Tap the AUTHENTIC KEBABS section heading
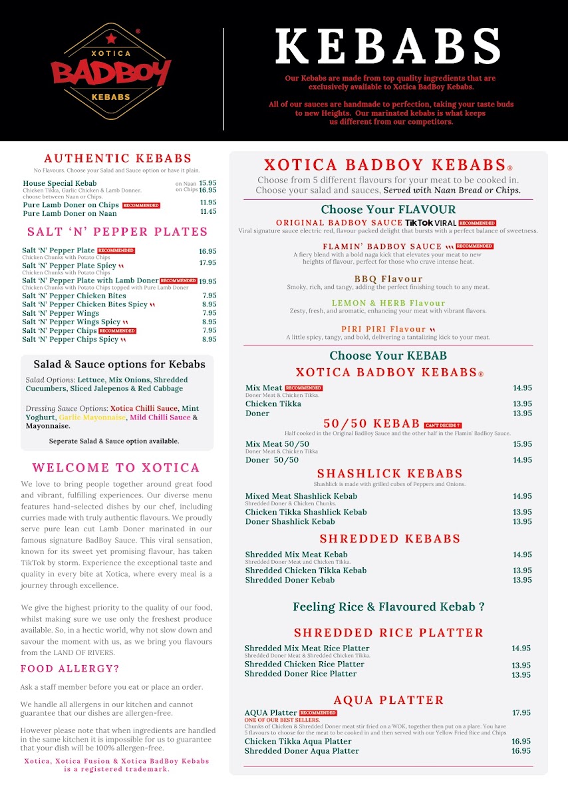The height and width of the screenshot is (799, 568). (x=118, y=158)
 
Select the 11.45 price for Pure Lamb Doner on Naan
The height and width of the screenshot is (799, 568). (x=208, y=211)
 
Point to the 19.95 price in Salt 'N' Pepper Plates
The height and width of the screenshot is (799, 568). (x=208, y=281)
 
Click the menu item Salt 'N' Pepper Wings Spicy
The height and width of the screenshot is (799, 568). (x=71, y=322)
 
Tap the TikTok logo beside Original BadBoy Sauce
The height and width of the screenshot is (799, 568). (x=419, y=222)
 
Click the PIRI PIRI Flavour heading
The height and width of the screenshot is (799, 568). (x=384, y=329)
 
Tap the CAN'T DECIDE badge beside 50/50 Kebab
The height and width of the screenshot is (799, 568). (x=443, y=425)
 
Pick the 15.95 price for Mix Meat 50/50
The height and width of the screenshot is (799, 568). (x=522, y=444)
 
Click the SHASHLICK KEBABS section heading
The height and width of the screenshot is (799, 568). (x=389, y=474)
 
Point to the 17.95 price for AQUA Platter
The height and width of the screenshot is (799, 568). (x=521, y=712)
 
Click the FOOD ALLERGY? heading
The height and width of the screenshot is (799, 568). (x=70, y=668)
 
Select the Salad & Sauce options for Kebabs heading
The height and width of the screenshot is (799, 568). (x=119, y=364)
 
